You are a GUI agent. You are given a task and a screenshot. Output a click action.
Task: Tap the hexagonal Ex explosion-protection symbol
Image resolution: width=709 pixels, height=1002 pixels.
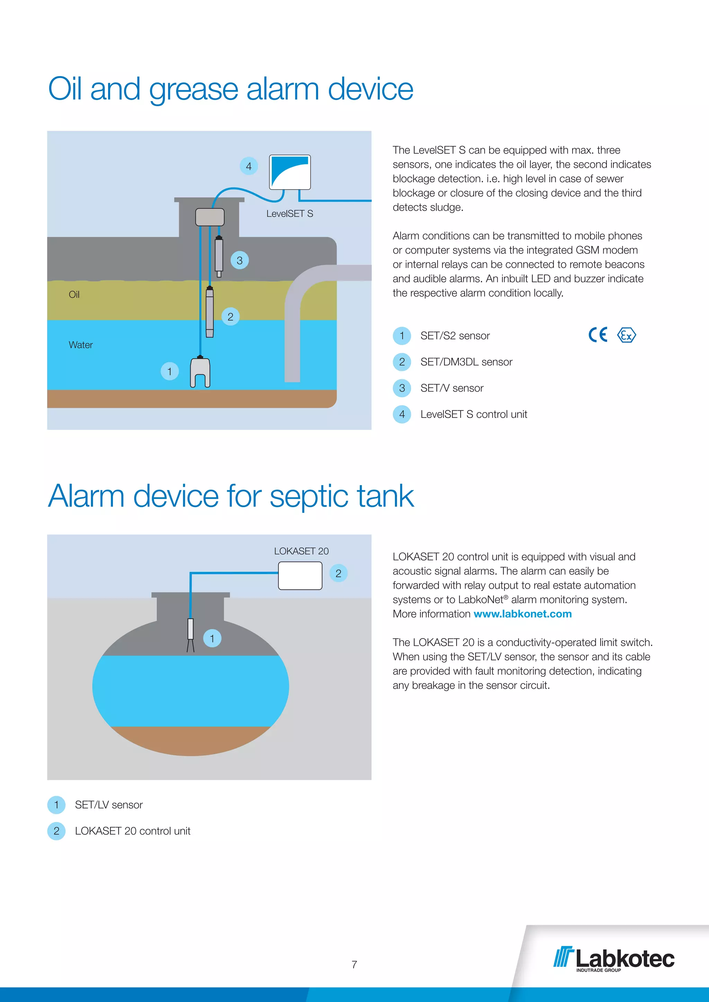[627, 335]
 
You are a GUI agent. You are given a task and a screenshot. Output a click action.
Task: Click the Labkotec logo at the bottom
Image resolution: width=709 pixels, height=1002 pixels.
[614, 959]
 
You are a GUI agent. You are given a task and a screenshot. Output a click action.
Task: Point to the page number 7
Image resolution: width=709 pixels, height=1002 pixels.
[354, 965]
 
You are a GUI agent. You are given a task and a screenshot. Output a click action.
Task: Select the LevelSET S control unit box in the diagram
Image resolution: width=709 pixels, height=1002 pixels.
[290, 172]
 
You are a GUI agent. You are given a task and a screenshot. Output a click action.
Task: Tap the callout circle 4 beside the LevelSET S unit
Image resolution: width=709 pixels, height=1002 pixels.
[249, 166]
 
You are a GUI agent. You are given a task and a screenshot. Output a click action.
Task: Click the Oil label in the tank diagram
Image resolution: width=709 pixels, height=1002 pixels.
[74, 294]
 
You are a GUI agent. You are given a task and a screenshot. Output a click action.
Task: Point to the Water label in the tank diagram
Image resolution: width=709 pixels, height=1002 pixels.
[81, 345]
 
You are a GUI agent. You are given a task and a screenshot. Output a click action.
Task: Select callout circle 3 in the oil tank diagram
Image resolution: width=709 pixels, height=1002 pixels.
[240, 261]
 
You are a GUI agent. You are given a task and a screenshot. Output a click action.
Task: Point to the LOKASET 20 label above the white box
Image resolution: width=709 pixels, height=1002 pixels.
[301, 551]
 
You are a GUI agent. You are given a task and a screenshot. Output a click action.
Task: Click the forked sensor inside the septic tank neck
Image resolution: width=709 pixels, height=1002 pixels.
[190, 635]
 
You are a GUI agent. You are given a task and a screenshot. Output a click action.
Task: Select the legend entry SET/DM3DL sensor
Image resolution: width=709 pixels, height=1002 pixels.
[466, 362]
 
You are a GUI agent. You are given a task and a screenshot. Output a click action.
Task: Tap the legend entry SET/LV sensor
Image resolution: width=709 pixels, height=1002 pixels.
[109, 805]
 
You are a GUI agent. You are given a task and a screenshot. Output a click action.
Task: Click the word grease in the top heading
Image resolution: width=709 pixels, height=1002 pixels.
[194, 90]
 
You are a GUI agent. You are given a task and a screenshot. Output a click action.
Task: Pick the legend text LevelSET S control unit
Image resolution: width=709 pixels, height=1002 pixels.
[474, 414]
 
